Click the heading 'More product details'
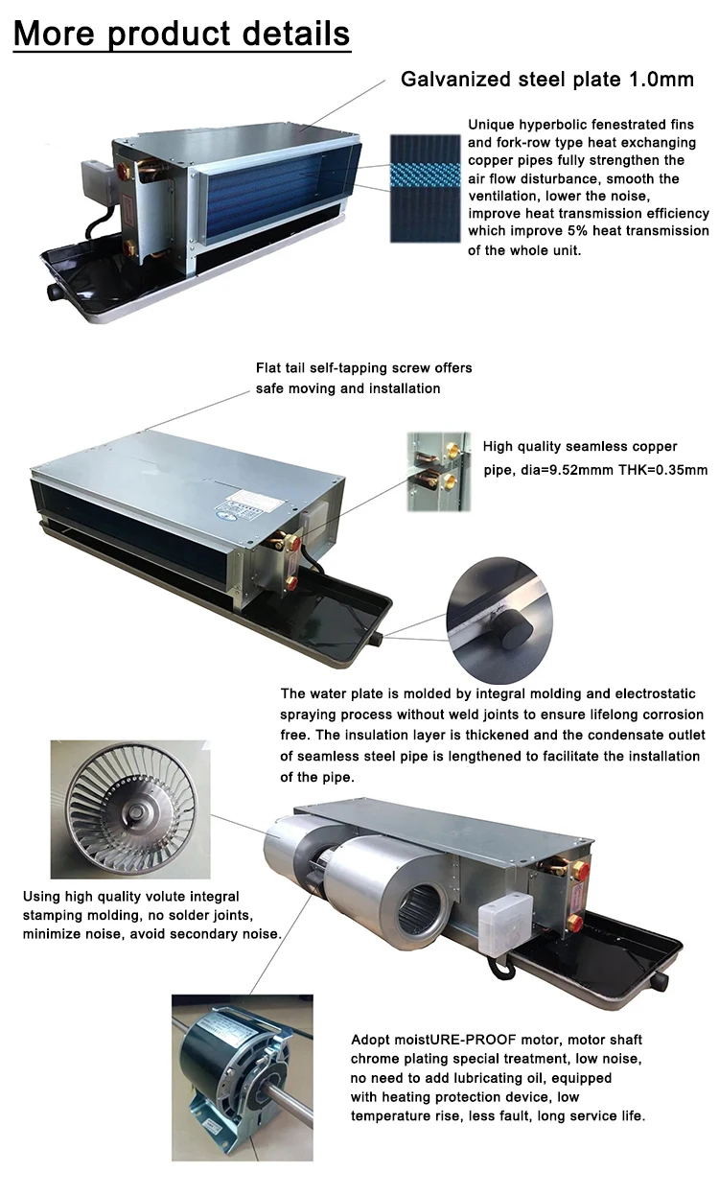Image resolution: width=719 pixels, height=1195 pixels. pyautogui.click(x=182, y=34)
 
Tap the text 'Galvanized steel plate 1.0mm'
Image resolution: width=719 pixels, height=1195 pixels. pyautogui.click(x=546, y=79)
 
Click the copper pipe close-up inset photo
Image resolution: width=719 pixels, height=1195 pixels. pyautogui.click(x=438, y=463)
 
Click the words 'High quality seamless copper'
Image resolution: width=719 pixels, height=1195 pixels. pyautogui.click(x=580, y=446)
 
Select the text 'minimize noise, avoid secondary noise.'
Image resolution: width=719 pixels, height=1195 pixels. pyautogui.click(x=151, y=933)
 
